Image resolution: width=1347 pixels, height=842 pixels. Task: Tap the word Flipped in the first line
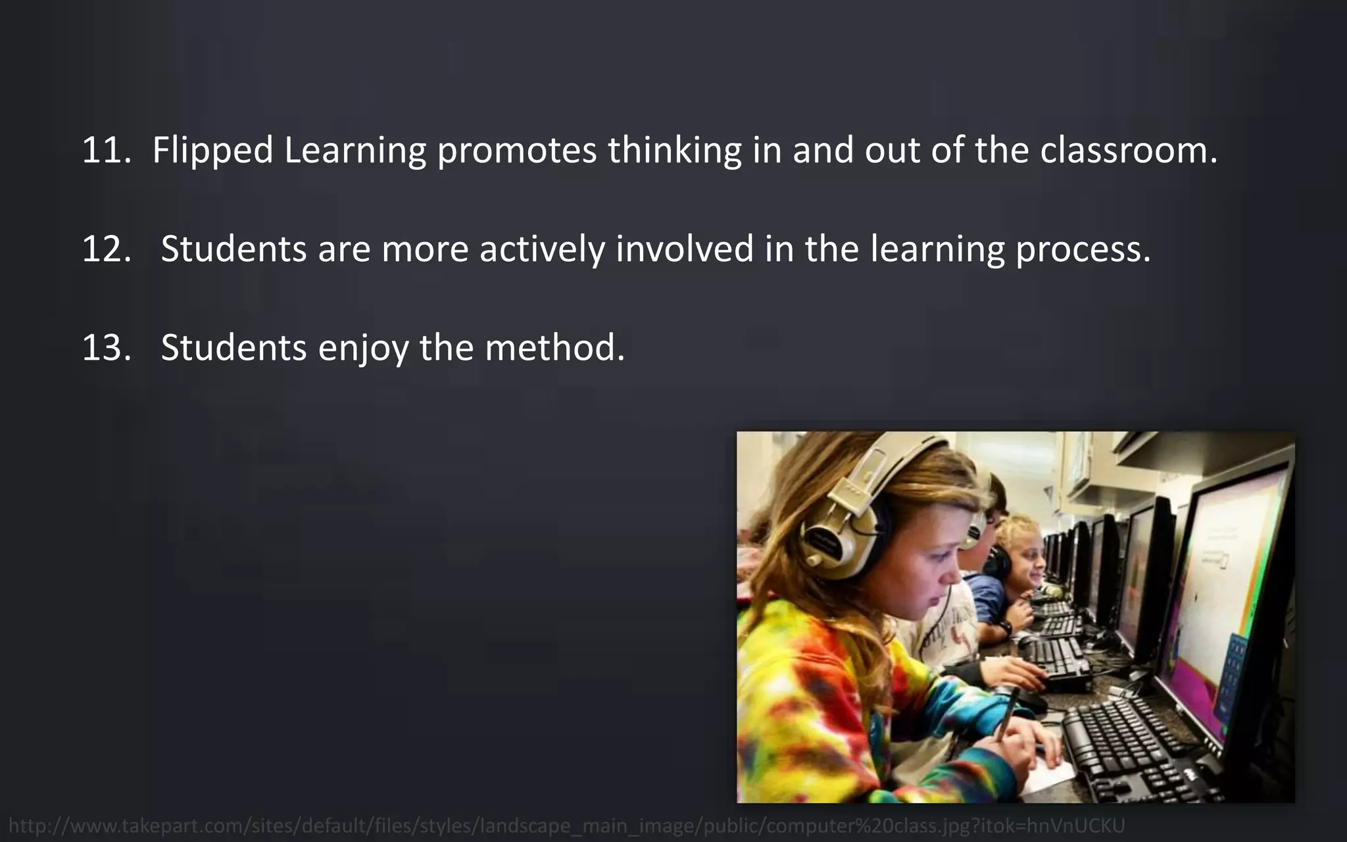[x=212, y=151]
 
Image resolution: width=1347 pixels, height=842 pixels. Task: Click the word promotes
[x=516, y=151]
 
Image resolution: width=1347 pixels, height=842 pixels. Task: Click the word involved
[x=685, y=249]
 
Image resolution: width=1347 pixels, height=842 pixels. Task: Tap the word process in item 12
[x=1083, y=249]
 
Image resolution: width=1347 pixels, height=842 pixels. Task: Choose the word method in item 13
[x=554, y=348]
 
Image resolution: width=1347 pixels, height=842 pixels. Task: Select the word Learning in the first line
[x=355, y=151]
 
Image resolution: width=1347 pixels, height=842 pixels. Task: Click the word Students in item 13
[x=233, y=348]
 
